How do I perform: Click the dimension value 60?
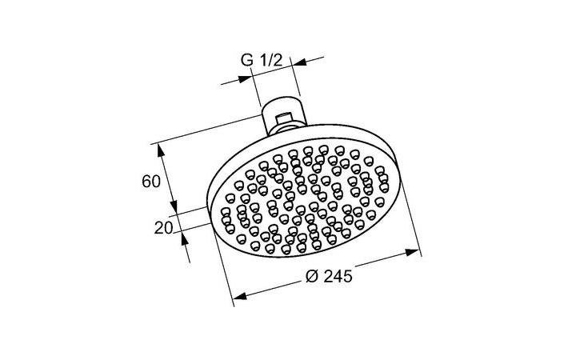pyautogui.click(x=151, y=182)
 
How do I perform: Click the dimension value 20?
pyautogui.click(x=164, y=227)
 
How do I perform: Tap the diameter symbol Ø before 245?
pyautogui.click(x=312, y=276)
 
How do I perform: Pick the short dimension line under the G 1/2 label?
pyautogui.click(x=271, y=70)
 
